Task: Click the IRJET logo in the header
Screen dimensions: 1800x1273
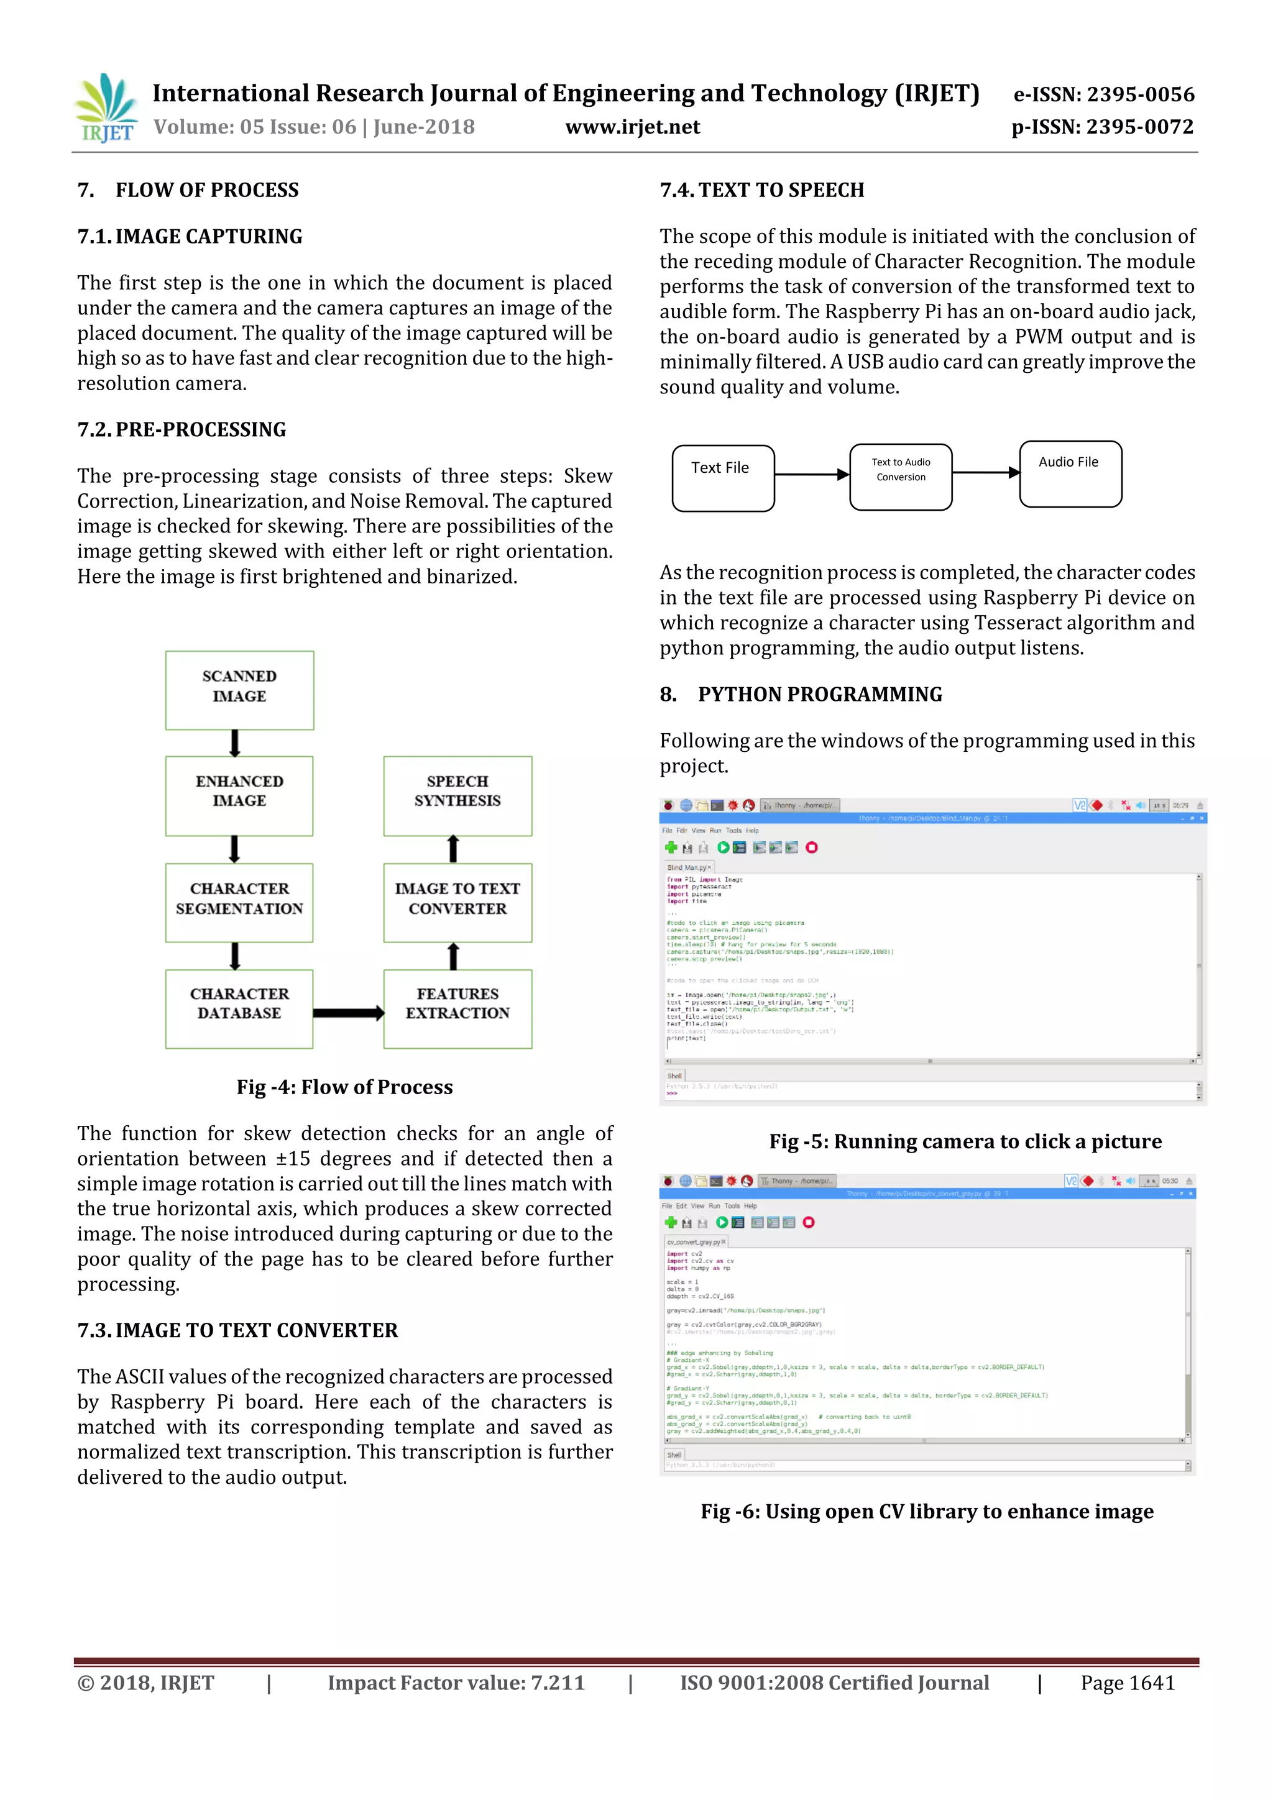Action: pyautogui.click(x=106, y=108)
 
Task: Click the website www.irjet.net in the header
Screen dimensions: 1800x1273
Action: pyautogui.click(x=632, y=127)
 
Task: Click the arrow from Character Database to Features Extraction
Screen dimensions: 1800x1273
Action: pyautogui.click(x=348, y=1013)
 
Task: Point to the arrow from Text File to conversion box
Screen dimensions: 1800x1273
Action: pyautogui.click(x=812, y=474)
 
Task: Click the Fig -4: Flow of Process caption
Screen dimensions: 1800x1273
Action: pyautogui.click(x=344, y=1087)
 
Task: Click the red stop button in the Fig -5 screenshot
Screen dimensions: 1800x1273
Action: pyautogui.click(x=812, y=847)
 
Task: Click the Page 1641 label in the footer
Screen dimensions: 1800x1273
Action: pyautogui.click(x=1127, y=1683)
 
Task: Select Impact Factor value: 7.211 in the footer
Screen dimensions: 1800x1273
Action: pyautogui.click(x=456, y=1683)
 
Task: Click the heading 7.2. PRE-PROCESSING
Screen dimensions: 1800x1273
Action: pyautogui.click(x=182, y=429)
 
